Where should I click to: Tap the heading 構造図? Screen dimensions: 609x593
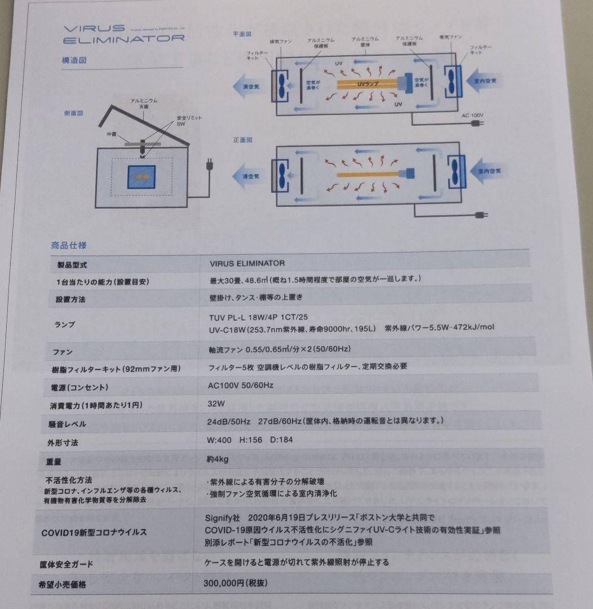74,59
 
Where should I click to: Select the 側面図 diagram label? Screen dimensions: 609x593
74,113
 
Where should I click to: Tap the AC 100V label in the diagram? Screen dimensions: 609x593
472,115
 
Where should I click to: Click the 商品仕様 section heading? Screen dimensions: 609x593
69,245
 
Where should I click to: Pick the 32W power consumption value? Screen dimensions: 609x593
216,404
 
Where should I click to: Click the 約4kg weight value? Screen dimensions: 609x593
218,460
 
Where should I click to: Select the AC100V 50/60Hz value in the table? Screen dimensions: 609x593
241,385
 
